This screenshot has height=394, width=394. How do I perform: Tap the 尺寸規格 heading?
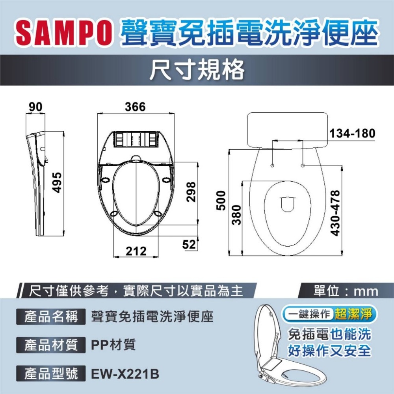pos(197,71)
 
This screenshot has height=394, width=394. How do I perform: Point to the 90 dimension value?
pos(35,107)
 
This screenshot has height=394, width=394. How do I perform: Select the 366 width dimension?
pos(135,107)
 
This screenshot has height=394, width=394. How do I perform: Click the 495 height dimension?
pos(58,182)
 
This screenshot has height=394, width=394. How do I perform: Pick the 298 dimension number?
pos(191,191)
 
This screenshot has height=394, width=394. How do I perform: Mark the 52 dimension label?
pos(189,244)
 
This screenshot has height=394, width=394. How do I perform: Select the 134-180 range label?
pos(352,133)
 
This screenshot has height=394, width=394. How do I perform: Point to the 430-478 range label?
pos(336,213)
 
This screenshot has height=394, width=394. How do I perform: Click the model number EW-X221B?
pos(125,374)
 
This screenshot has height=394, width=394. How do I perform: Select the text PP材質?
pos(113,345)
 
